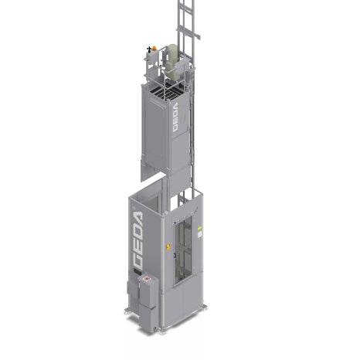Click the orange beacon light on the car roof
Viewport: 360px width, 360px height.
[155, 48]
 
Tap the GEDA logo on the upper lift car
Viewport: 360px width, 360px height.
[175, 117]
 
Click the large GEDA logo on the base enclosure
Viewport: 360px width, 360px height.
[138, 239]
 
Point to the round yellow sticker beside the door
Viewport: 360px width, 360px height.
[168, 246]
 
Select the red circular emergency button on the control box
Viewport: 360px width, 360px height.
[147, 278]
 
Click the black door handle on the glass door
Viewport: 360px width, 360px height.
[175, 255]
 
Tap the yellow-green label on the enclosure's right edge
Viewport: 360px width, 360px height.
[199, 228]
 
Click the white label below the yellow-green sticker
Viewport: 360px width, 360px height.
[199, 235]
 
